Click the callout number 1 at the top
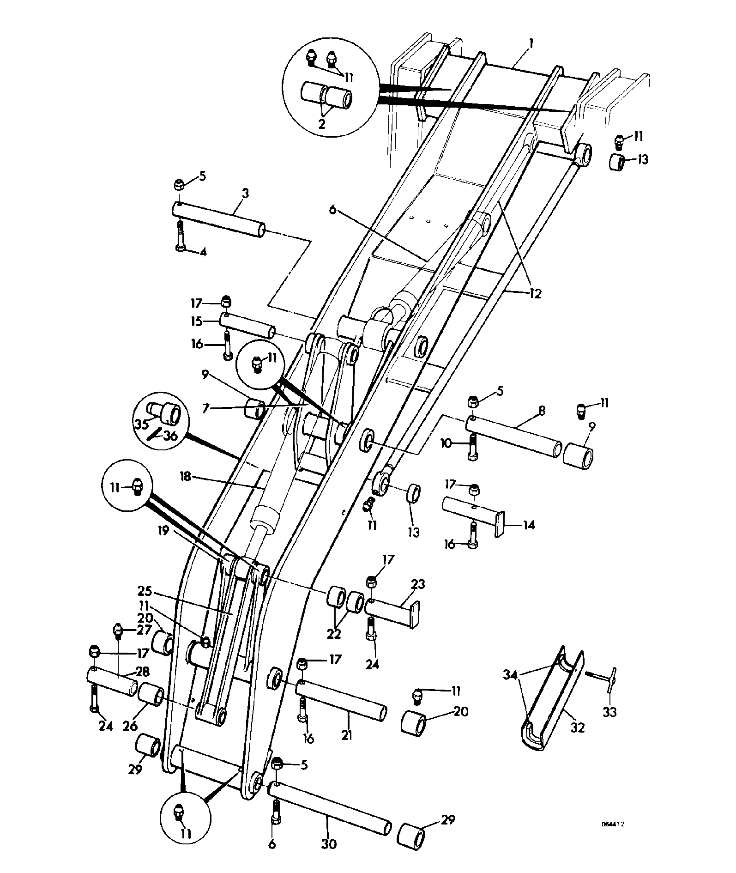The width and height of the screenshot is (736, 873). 531,44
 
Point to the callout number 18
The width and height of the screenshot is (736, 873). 186,476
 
